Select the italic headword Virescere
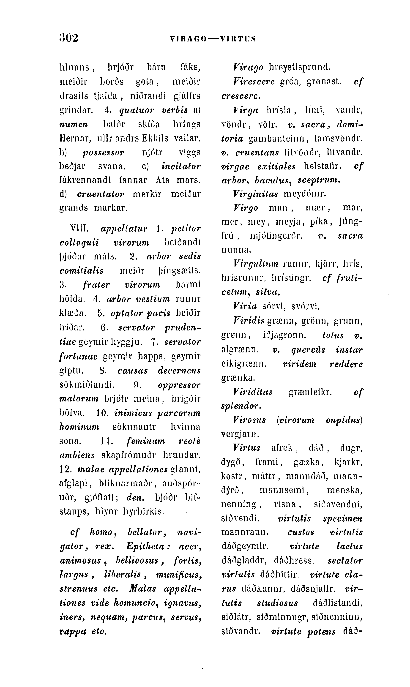(254, 82)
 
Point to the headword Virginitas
(255, 194)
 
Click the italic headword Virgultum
(256, 264)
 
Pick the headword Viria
(245, 306)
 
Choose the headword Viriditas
(252, 392)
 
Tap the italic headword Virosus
(249, 420)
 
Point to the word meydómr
(305, 194)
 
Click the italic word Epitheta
(148, 546)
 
